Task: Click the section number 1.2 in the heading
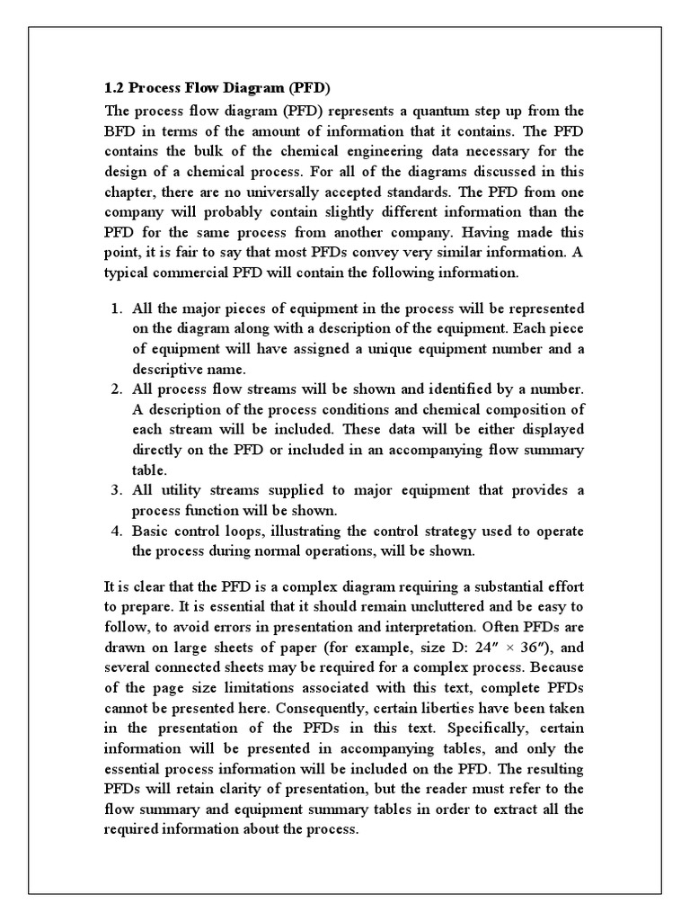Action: click(115, 89)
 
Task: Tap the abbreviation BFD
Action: click(122, 131)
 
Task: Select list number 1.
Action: click(116, 308)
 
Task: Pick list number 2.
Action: click(116, 389)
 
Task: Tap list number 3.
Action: click(116, 489)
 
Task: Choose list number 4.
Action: click(116, 530)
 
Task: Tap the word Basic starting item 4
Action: click(152, 530)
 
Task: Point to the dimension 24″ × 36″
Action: click(507, 648)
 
